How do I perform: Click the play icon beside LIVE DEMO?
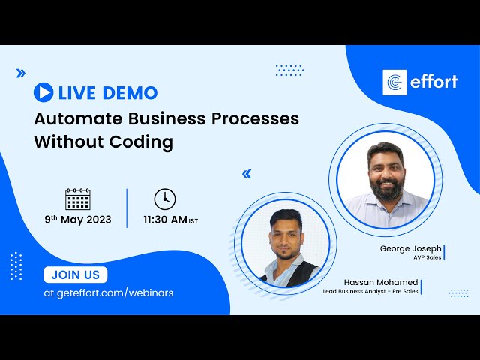[x=43, y=92]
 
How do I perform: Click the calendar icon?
[x=78, y=199]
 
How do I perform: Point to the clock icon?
[x=165, y=199]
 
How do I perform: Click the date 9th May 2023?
[x=77, y=220]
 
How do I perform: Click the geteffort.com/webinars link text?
[x=109, y=292]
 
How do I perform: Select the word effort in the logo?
[x=433, y=82]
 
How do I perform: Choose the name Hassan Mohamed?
[x=382, y=282]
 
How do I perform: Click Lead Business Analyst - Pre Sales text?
[x=370, y=291]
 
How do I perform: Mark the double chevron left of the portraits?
[x=246, y=174]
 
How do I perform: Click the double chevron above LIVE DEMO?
[x=20, y=73]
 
